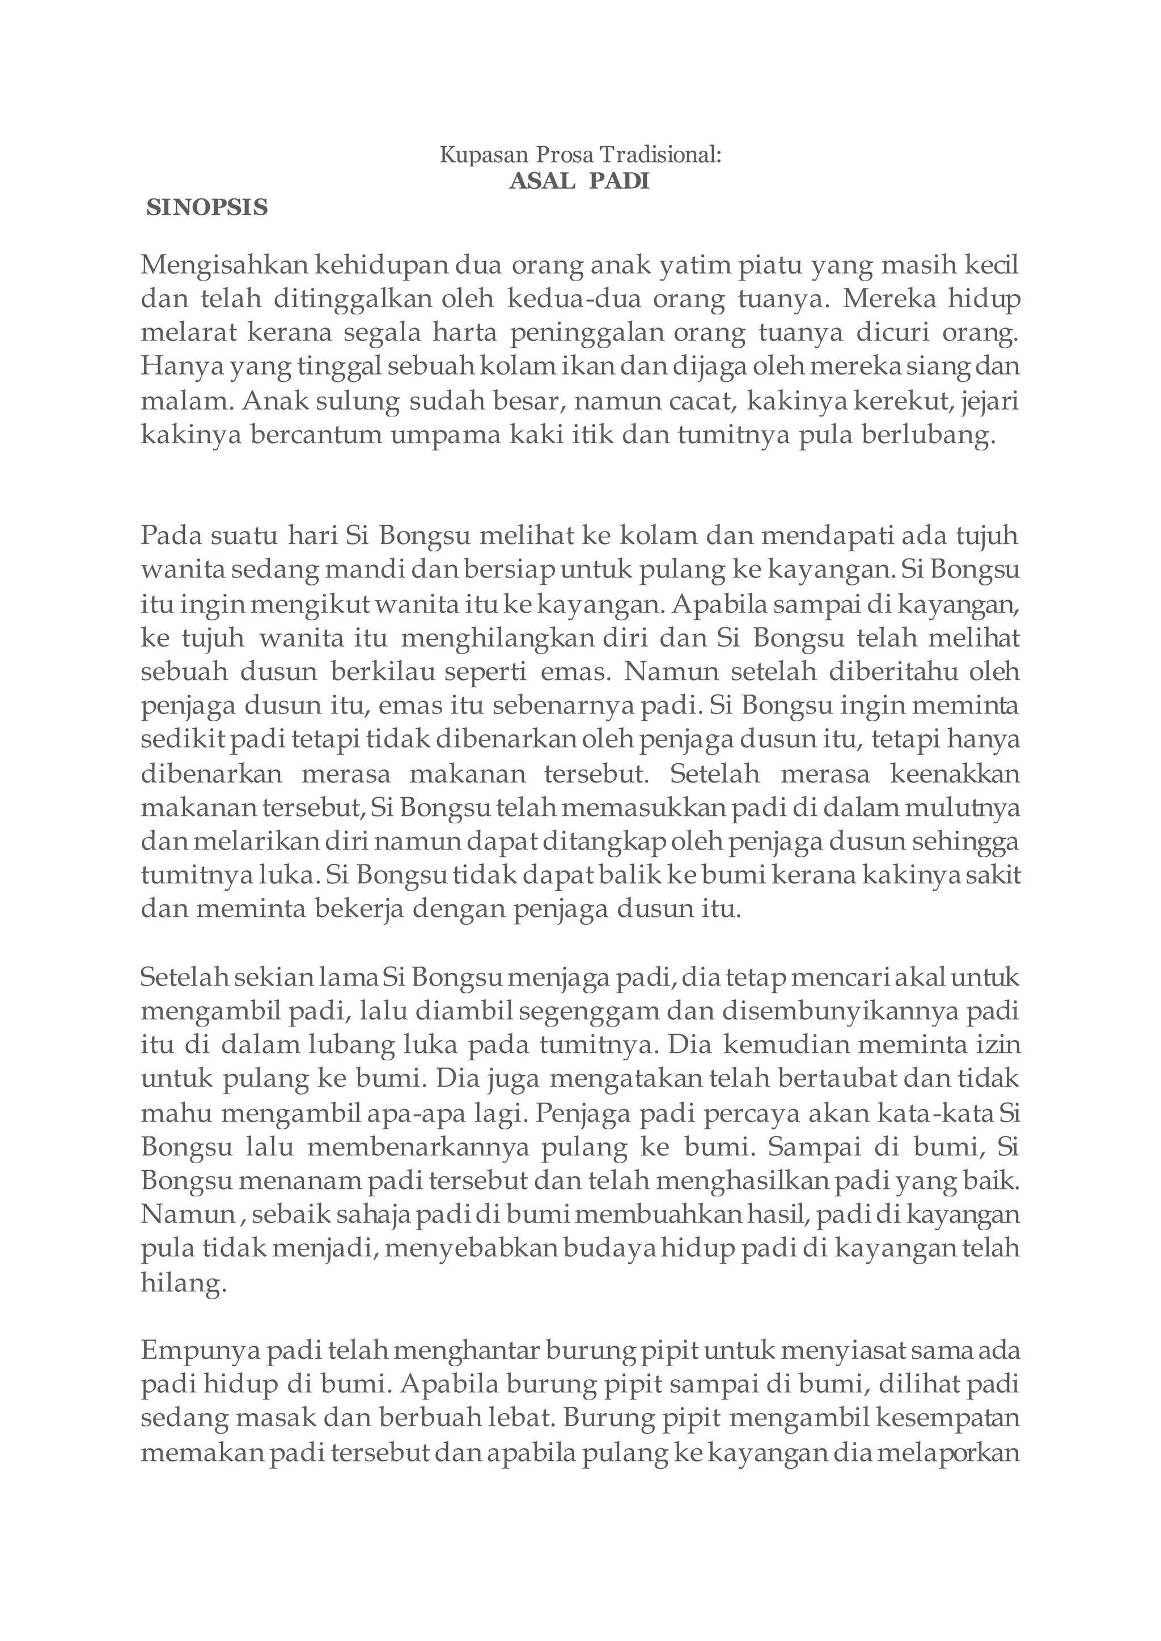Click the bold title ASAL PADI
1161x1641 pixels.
[x=579, y=181]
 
